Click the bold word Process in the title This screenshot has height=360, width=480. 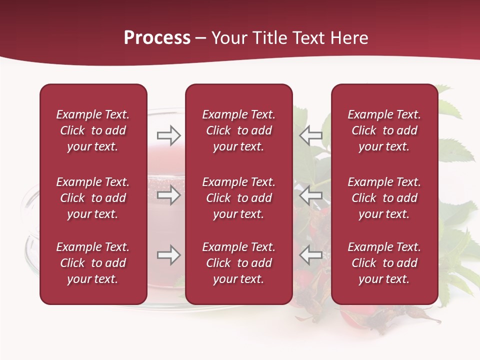[x=157, y=38]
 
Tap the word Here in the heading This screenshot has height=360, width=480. [x=349, y=38]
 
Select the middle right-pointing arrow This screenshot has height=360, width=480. [x=169, y=195]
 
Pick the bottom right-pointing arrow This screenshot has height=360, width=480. [x=169, y=255]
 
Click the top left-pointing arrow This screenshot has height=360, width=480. [x=310, y=135]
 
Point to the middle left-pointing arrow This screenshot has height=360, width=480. [x=310, y=195]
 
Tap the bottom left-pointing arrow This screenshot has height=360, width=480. [x=310, y=255]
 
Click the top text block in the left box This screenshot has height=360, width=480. [x=93, y=130]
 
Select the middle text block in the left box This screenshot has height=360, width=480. [x=93, y=198]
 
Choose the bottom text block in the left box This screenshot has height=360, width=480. [x=93, y=263]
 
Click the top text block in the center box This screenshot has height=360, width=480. [x=238, y=130]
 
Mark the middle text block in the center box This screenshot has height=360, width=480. [x=238, y=198]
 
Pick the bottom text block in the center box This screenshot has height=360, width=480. [x=238, y=263]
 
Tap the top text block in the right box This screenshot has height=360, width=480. [x=384, y=130]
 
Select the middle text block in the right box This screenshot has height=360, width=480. [x=384, y=198]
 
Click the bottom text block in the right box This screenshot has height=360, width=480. [x=384, y=263]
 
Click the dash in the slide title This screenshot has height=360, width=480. [x=201, y=38]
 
